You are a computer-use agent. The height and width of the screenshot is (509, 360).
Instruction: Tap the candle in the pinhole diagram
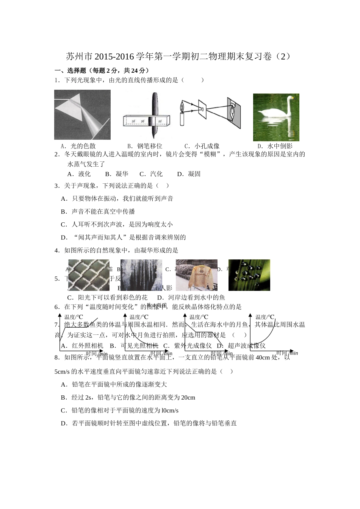pos(182,119)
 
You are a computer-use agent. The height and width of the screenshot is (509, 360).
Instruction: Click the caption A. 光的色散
pos(78,146)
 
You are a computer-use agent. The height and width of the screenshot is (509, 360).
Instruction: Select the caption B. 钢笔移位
pos(144,146)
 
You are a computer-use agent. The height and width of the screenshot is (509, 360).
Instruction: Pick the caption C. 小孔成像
pos(202,146)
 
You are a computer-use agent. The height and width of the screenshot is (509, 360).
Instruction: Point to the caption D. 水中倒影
pos(275,146)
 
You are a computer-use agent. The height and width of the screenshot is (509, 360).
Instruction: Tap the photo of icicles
pos(141,275)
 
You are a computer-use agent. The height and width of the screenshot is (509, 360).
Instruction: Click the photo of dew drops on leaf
pos(249,275)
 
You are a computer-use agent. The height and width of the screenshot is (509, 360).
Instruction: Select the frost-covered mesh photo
pos(89,275)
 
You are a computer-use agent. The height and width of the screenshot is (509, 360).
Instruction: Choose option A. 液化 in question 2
pos(79,174)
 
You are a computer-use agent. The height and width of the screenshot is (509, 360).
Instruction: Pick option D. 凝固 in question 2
pos(189,174)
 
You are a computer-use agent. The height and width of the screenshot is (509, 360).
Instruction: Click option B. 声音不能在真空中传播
pos(98,211)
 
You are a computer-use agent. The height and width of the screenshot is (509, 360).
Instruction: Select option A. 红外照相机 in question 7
pos(82,345)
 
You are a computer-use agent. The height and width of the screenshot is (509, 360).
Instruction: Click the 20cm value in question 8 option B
pos(188,397)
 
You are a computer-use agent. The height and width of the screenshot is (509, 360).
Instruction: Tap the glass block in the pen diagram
pos(146,121)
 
